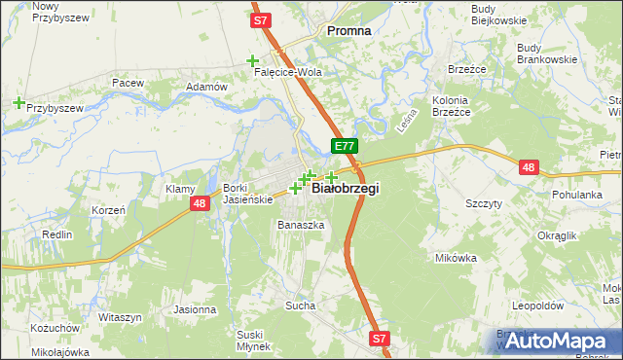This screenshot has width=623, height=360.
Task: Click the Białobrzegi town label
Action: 345,189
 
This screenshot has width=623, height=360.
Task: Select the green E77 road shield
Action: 345,146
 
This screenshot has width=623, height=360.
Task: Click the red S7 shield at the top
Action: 259,19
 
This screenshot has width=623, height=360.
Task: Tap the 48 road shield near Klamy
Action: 200,203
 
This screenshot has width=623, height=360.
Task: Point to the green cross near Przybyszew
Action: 18,101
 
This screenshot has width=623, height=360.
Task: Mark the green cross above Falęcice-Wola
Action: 252,60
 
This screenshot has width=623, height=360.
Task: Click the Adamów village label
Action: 205,87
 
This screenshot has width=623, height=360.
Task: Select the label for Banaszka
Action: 300,225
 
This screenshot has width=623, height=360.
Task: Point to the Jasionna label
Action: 195,309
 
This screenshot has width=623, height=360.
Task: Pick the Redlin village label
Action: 57,234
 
